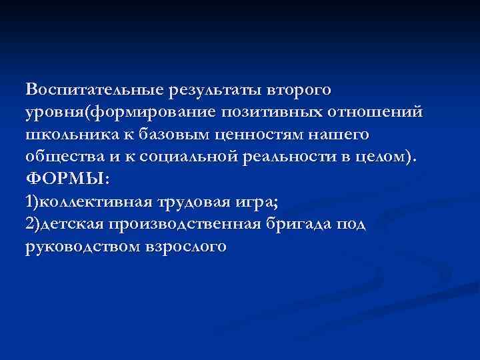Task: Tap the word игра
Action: pyautogui.click(x=254, y=202)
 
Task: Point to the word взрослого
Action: pyautogui.click(x=186, y=247)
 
